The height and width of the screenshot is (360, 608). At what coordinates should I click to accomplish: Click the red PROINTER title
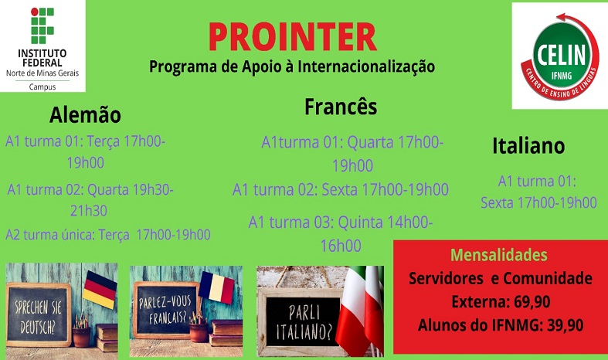[x=293, y=37]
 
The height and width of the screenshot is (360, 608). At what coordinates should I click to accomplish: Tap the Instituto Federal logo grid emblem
[x=42, y=25]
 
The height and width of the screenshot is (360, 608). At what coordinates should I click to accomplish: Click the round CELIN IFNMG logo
[x=560, y=56]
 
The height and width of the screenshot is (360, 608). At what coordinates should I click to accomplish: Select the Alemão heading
[x=85, y=115]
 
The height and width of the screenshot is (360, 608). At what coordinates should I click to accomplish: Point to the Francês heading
[x=341, y=107]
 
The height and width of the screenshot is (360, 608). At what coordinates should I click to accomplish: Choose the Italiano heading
[x=528, y=146]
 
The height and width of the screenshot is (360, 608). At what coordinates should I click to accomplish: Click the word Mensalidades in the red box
[x=499, y=255]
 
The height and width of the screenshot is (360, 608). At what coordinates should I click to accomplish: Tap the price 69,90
[x=532, y=301]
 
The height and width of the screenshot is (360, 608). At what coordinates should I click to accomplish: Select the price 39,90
[x=566, y=325]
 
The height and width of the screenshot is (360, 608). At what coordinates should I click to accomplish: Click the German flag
[x=100, y=290]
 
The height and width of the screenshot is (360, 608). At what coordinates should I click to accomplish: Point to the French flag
[x=218, y=287]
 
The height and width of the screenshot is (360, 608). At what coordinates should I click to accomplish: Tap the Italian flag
[x=359, y=311]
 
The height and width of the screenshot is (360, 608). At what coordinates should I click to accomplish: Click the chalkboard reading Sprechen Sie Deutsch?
[x=39, y=315]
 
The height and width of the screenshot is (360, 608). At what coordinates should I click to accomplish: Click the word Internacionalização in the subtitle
[x=366, y=66]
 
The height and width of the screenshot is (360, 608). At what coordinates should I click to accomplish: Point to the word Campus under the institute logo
[x=42, y=87]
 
